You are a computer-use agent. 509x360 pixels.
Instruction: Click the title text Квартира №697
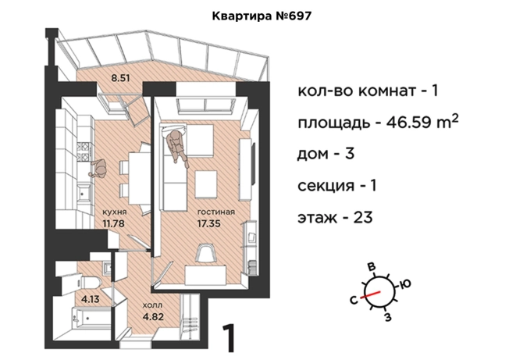point(255,15)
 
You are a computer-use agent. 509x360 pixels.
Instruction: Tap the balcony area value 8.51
point(120,77)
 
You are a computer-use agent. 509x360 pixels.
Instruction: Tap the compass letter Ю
point(404,283)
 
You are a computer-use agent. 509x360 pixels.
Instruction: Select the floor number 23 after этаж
point(361,216)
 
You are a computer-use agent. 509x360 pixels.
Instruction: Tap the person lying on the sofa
point(177,145)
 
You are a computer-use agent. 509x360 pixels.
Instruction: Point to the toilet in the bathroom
point(91,278)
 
